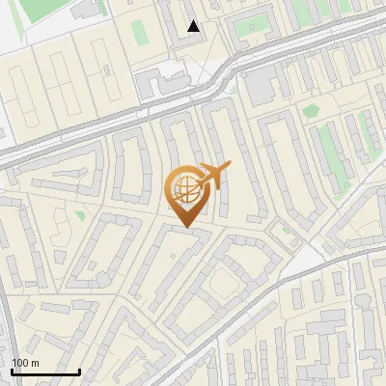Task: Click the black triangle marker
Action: pos(194,26)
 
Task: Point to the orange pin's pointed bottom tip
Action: pos(185,228)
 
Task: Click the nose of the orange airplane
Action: pos(230,167)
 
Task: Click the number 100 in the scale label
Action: pos(19,363)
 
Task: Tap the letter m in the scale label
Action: pos(34,363)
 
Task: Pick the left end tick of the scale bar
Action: pos(12,372)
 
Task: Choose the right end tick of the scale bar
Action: pos(79,372)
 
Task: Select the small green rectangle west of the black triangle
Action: pos(140,32)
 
